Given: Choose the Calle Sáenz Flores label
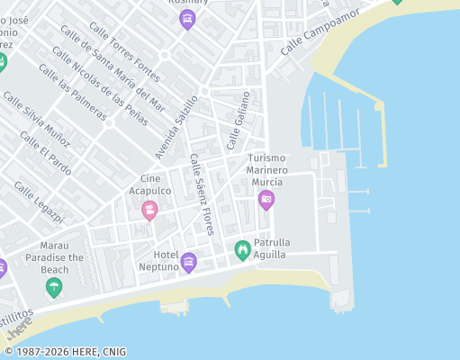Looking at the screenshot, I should coord(202,194).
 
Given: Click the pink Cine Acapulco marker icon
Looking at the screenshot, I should coord(149,211).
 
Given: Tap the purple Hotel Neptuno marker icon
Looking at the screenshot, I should coord(188,262).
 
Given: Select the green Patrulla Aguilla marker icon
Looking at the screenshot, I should coord(241,250).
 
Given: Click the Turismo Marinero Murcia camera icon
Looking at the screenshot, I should coord(266,200).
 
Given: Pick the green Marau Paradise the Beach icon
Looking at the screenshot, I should coord(54,287).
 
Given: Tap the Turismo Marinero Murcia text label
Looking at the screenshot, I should coord(267,170).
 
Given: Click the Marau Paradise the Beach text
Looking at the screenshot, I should coord(62,256).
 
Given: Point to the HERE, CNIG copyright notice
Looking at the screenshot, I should coord(65,352).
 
